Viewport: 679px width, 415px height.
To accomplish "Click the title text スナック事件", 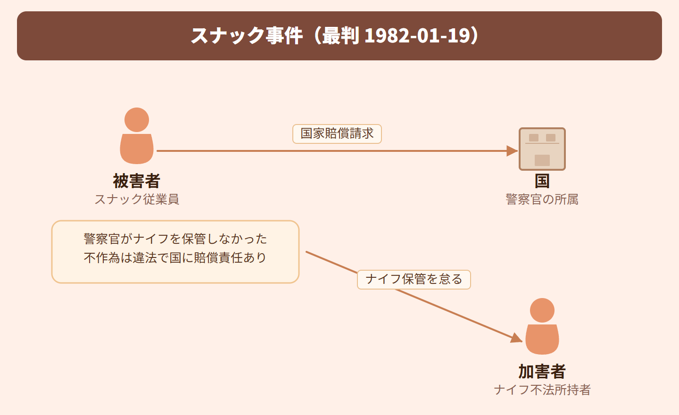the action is pos(247,36).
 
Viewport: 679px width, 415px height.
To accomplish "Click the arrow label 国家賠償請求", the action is pos(337,133).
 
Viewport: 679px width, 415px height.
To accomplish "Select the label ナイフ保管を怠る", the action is pos(414,279).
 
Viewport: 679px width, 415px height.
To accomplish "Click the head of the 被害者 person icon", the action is pos(137,120).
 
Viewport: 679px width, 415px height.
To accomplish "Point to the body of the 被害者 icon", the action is pos(137,149).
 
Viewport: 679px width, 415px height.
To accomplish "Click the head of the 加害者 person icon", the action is pos(542,310).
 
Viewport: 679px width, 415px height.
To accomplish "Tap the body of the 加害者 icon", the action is pos(542,340).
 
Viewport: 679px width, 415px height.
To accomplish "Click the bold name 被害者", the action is pos(137,181).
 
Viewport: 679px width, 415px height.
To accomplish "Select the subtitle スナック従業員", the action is pos(137,199).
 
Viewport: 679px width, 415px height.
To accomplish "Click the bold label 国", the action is pos(542,181).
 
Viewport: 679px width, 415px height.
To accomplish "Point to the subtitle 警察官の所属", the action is pos(542,199).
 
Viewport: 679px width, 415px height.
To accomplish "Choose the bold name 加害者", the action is pos(542,371).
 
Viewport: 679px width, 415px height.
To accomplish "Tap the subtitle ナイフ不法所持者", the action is pos(542,390).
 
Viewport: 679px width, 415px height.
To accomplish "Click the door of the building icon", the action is pos(542,160).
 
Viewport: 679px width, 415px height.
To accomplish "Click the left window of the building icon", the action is pos(533,138).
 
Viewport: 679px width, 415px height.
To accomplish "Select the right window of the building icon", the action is pos(550,138).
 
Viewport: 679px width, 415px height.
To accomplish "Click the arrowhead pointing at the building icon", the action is pos(512,150).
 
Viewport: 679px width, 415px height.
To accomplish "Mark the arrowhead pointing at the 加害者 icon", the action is pos(516,338).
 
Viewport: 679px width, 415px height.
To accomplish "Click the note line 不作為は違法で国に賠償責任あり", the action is pos(175,257).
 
